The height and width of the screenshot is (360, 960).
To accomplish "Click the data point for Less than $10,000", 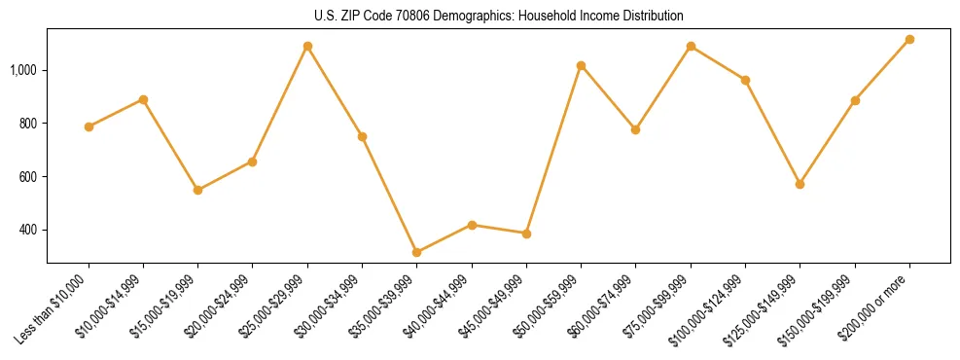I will pyautogui.click(x=89, y=126).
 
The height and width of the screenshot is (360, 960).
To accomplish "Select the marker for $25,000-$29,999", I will pyautogui.click(x=307, y=46).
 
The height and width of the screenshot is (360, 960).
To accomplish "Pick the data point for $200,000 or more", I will pyautogui.click(x=909, y=40).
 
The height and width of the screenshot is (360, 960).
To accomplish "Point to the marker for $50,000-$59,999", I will pyautogui.click(x=581, y=65).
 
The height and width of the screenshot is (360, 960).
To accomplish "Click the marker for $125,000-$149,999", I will pyautogui.click(x=800, y=184).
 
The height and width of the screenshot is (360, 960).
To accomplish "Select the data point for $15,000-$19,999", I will pyautogui.click(x=198, y=190).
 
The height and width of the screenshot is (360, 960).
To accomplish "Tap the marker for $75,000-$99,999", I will pyautogui.click(x=691, y=46).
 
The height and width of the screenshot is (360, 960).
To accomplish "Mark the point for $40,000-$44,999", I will pyautogui.click(x=472, y=225).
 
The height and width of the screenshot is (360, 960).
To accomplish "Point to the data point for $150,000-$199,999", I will pyautogui.click(x=855, y=100).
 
